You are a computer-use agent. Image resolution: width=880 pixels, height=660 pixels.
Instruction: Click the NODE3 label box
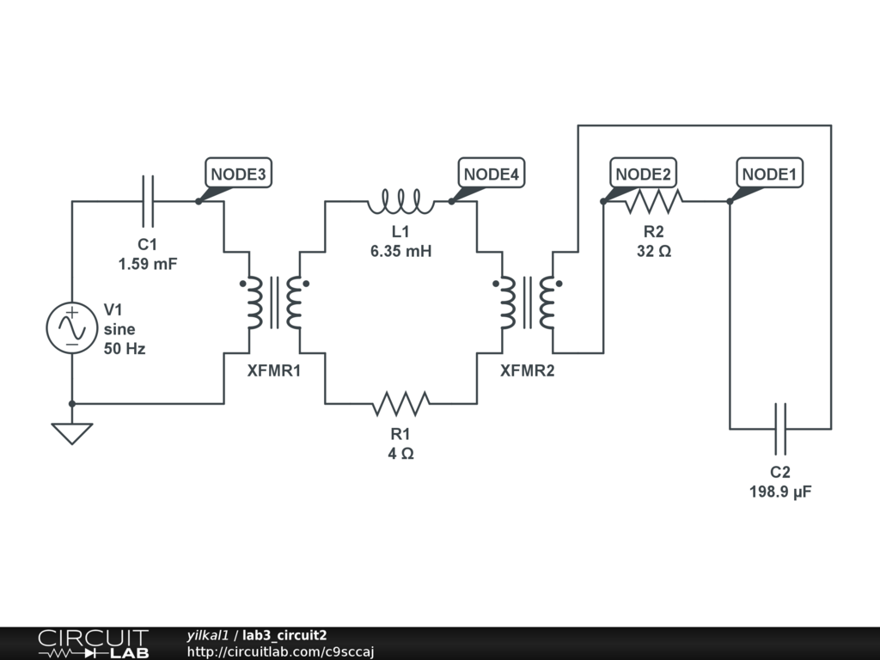click(239, 173)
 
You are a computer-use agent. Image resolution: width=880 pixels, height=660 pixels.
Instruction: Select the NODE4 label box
click(492, 173)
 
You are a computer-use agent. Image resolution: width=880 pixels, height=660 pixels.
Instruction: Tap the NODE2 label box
click(643, 173)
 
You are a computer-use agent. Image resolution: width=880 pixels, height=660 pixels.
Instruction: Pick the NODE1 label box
click(769, 173)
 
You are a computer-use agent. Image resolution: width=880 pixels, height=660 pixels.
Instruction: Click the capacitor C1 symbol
click(148, 201)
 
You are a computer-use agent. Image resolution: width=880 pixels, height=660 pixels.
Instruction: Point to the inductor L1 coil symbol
click(400, 201)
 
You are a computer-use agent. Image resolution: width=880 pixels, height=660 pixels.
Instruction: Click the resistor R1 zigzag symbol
click(400, 404)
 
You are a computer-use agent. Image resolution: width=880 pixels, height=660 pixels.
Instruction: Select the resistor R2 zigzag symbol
click(654, 201)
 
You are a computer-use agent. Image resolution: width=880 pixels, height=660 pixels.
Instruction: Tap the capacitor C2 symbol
click(780, 429)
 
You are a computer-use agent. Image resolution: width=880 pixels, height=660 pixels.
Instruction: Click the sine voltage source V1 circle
click(72, 328)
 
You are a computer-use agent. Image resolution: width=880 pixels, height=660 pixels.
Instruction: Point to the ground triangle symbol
click(72, 434)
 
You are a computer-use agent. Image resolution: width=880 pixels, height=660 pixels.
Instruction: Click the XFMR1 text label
click(274, 371)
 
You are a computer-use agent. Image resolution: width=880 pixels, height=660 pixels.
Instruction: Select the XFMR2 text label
click(527, 371)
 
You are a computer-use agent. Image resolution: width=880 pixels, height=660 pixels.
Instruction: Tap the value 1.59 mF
click(148, 264)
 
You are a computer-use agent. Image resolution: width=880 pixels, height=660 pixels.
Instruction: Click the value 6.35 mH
click(400, 251)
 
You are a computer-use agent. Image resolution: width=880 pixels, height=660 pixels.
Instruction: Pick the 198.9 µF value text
click(780, 492)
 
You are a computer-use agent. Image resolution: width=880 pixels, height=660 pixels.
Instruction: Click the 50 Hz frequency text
click(125, 349)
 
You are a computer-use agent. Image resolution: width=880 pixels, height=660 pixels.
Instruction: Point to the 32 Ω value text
click(654, 251)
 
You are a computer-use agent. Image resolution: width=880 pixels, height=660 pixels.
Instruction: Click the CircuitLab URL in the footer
click(280, 651)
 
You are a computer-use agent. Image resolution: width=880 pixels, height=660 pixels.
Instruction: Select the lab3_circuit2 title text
click(284, 635)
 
